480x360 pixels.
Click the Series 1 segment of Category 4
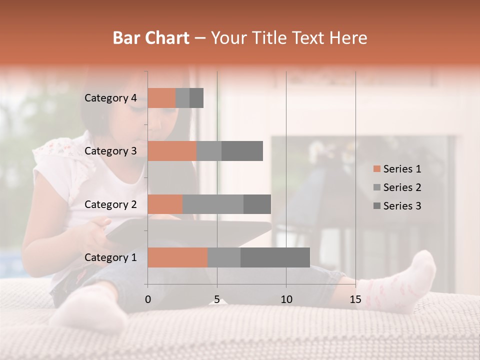pos(161,98)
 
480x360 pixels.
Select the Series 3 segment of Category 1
pos(275,257)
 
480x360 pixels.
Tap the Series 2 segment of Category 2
pos(213,204)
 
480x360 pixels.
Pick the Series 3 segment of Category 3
pos(242,151)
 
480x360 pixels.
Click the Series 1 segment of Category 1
pos(177,257)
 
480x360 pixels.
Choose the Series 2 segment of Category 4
pos(182,98)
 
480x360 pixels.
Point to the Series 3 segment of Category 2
pos(257,204)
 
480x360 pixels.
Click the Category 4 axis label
pos(110,98)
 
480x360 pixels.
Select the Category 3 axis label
pos(110,151)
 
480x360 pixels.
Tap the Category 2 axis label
pos(110,204)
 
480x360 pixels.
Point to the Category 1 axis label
pos(110,257)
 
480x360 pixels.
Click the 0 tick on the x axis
pos(148,299)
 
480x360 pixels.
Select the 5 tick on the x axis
pos(217,299)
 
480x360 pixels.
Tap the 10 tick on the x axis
pos(286,299)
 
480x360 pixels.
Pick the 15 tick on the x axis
pos(355,299)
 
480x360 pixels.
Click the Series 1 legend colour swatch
pos(376,169)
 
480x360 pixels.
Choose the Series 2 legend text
pos(402,187)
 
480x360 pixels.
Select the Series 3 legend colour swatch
pos(376,206)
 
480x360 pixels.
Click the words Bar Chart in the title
pos(151,38)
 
